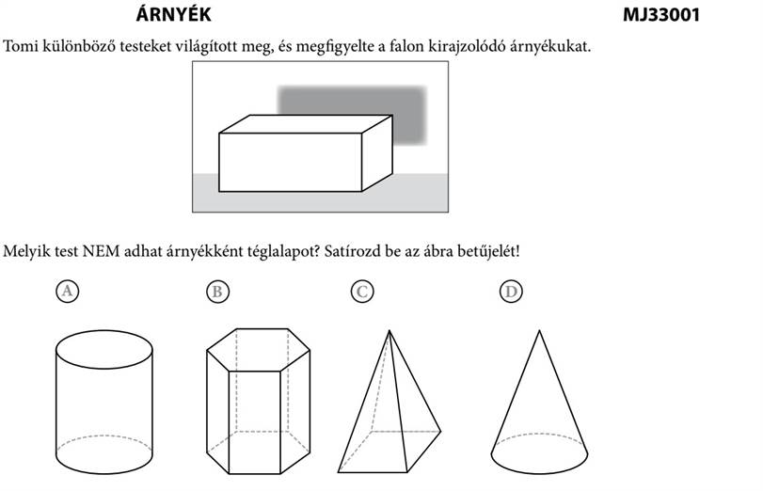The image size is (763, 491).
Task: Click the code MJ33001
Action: pyautogui.click(x=660, y=15)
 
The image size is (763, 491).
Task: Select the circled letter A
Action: pyautogui.click(x=67, y=291)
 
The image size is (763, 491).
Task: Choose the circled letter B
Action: pyautogui.click(x=217, y=292)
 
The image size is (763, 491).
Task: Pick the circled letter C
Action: pyautogui.click(x=362, y=292)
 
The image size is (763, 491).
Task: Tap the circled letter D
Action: pyautogui.click(x=511, y=292)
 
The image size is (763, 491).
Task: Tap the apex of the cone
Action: pyautogui.click(x=539, y=330)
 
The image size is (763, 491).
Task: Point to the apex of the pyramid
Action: pyautogui.click(x=389, y=330)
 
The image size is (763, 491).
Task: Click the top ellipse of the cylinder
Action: pyautogui.click(x=104, y=331)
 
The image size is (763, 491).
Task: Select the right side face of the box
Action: pyautogui.click(x=377, y=152)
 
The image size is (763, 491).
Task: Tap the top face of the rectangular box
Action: pyautogui.click(x=306, y=124)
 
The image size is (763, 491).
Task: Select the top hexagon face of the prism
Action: pyautogui.click(x=259, y=350)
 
